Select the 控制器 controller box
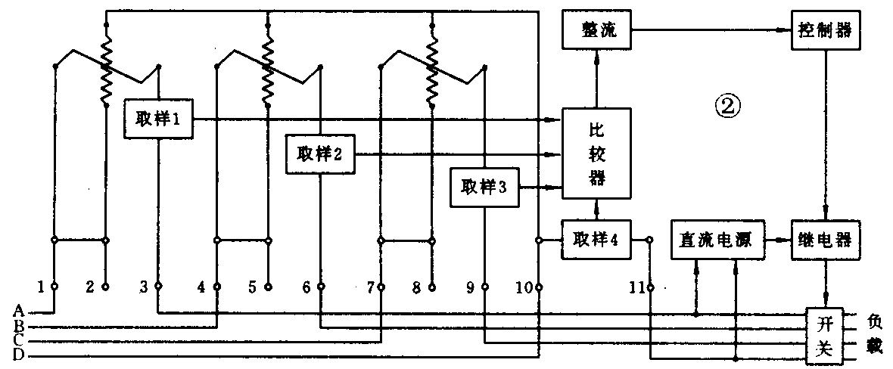pos(824,31)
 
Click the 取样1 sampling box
pos(158,119)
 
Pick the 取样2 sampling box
pos(321,155)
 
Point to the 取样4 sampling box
pos(596,240)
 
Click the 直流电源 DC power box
pos(717,240)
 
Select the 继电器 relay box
pos(824,240)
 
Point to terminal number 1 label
pos(42,287)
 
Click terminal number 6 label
pos(306,287)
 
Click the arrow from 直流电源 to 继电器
pos(779,240)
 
